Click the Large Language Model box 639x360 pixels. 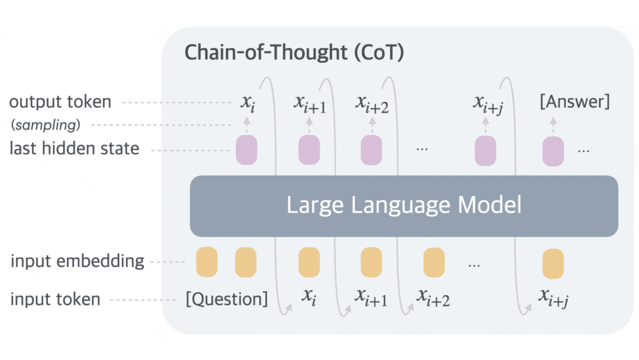pyautogui.click(x=404, y=206)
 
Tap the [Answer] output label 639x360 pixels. pyautogui.click(x=575, y=102)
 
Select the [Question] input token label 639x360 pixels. pyautogui.click(x=227, y=299)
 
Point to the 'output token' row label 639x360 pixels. pyautogui.click(x=60, y=102)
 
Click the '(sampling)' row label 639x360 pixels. pyautogui.click(x=46, y=125)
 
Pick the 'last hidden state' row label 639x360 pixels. pyautogui.click(x=74, y=148)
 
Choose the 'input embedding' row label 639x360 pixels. pyautogui.click(x=77, y=261)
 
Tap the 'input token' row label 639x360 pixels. pyautogui.click(x=55, y=299)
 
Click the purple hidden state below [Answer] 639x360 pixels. pyautogui.click(x=553, y=150)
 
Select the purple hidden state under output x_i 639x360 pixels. pyautogui.click(x=247, y=150)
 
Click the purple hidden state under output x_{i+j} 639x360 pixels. pyautogui.click(x=485, y=150)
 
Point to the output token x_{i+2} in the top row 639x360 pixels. pyautogui.click(x=372, y=105)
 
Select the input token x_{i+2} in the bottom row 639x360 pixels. pyautogui.click(x=433, y=299)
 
